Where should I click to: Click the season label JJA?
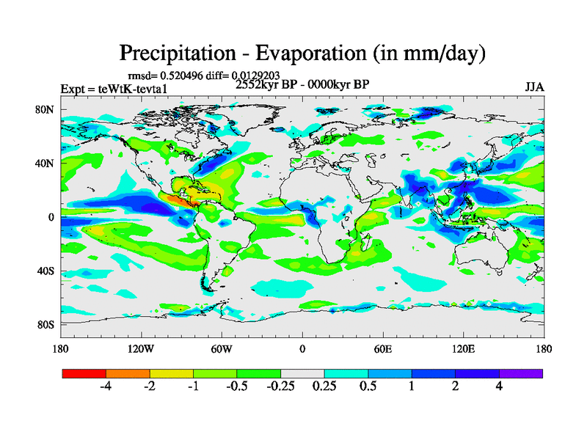click(x=534, y=87)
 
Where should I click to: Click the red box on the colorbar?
click(x=84, y=373)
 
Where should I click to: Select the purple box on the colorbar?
click(x=521, y=373)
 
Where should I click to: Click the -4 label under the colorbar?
click(x=106, y=386)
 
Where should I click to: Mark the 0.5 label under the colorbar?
click(x=368, y=386)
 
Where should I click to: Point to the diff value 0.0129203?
click(x=261, y=75)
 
